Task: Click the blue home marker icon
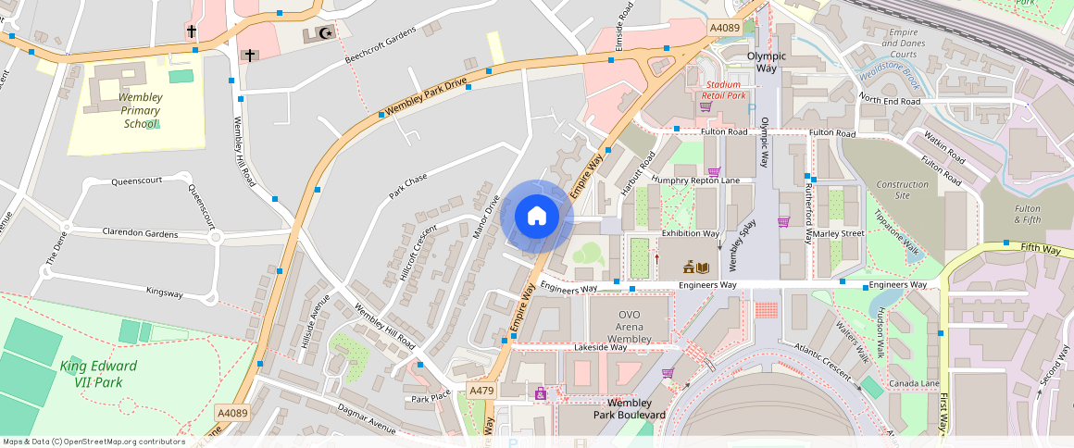pos(537,217)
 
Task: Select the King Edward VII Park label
pos(98,373)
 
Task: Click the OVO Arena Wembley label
pos(634,327)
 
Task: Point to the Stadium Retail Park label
pos(723,90)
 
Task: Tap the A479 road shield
pos(481,391)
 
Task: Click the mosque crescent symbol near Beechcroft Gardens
pos(324,33)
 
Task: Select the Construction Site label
pos(902,190)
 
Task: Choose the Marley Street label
pos(838,233)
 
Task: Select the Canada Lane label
pos(914,383)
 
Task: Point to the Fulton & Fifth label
pos(1027,215)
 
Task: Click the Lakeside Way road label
pos(601,347)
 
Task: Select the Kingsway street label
pos(165,292)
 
